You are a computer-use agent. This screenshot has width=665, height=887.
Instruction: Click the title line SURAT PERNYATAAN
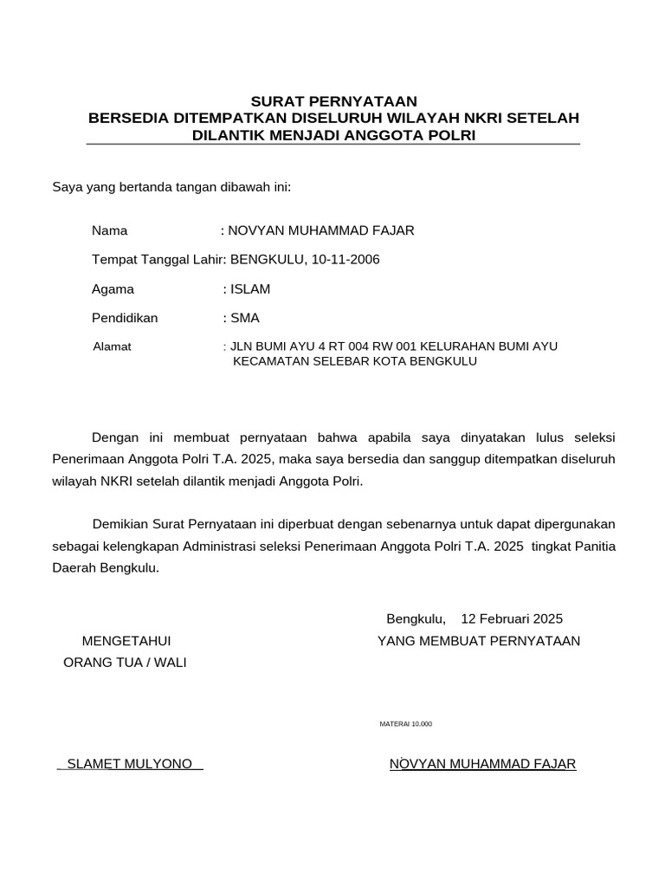(333, 101)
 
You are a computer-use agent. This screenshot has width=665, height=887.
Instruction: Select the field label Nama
(110, 230)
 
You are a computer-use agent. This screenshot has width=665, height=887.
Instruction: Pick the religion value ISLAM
(249, 289)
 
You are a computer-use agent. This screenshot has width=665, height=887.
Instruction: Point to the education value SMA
(245, 318)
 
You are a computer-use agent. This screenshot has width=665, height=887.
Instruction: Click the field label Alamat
(112, 346)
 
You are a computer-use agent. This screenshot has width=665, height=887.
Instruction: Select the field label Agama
(113, 289)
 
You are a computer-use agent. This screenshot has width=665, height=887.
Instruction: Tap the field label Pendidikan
(125, 318)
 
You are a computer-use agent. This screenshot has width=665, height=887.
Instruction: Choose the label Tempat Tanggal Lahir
(158, 260)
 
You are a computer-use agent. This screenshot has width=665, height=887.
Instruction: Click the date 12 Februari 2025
(512, 618)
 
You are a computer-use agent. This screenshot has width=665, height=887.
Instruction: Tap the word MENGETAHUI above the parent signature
(126, 641)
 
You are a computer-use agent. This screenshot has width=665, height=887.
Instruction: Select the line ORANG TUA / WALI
(126, 663)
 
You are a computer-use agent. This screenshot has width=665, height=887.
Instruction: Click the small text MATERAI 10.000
(405, 723)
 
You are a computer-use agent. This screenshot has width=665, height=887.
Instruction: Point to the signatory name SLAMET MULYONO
(130, 764)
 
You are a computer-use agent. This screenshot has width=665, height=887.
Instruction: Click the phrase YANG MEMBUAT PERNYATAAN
(479, 641)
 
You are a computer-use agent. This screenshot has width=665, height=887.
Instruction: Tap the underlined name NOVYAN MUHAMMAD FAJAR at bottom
(482, 764)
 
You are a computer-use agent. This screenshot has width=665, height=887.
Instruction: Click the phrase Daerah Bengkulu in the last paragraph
(105, 568)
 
